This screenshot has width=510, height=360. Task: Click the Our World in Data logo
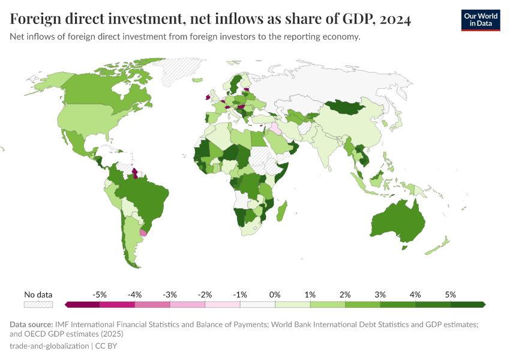pyautogui.click(x=480, y=20)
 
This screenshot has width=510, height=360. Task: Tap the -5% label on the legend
pyautogui.click(x=100, y=295)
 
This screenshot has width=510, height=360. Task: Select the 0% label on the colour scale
pyautogui.click(x=275, y=295)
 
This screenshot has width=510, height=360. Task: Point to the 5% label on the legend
pyautogui.click(x=450, y=295)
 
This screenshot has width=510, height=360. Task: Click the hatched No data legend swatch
pyautogui.click(x=38, y=305)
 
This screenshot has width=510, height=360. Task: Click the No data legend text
pyautogui.click(x=38, y=295)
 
